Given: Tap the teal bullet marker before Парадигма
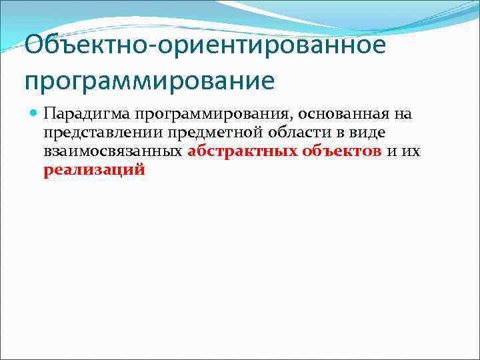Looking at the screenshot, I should [34, 113].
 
